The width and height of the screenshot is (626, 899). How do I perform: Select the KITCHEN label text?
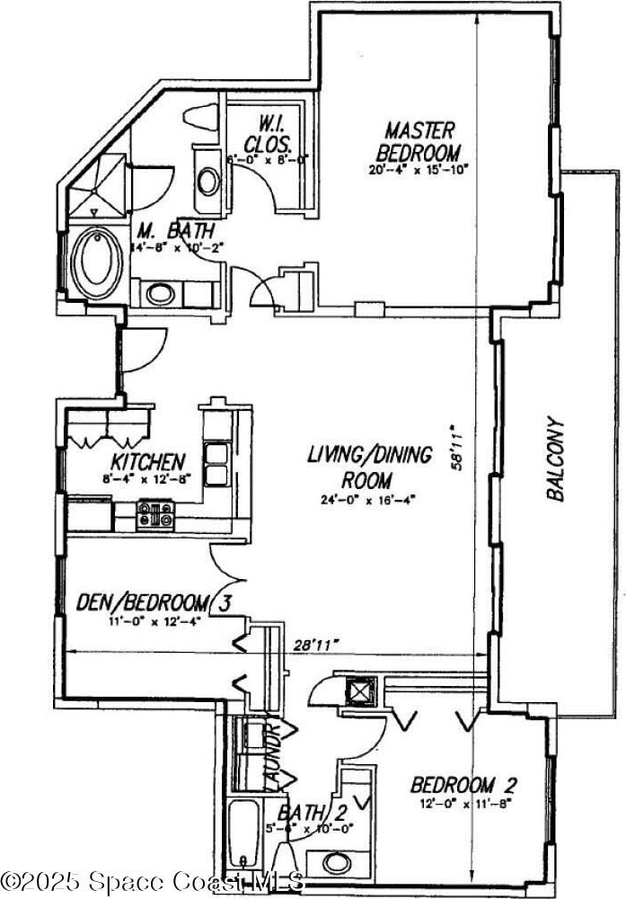(x=148, y=462)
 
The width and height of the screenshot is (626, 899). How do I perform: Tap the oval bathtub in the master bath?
(x=95, y=262)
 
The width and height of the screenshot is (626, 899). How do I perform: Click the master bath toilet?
(x=201, y=118)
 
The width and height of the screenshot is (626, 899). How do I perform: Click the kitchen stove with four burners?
(x=155, y=516)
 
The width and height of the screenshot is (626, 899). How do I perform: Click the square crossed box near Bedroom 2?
(x=360, y=690)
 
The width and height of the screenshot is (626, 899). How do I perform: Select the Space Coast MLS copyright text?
(x=153, y=878)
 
